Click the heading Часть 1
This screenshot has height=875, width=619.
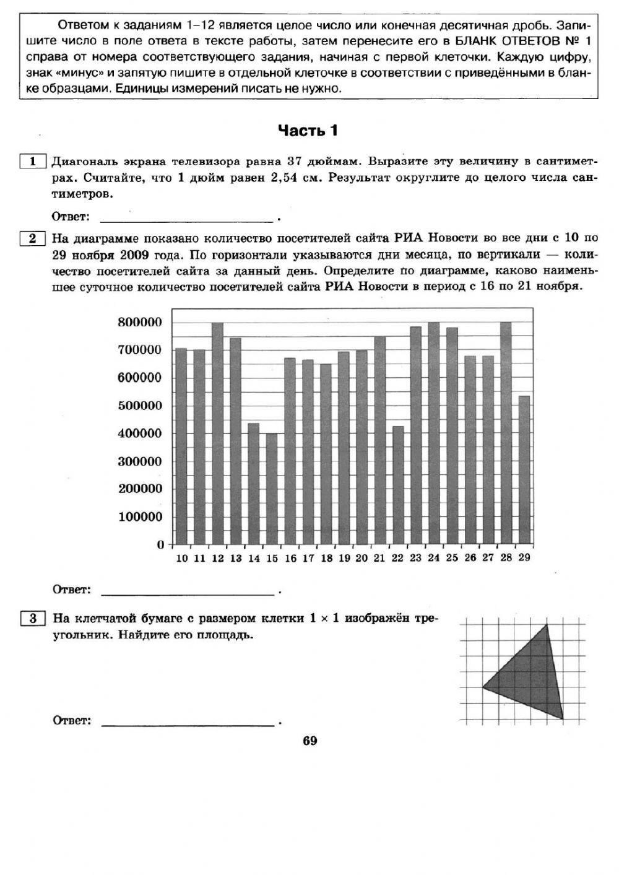point(308,131)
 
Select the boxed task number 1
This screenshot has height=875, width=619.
point(33,162)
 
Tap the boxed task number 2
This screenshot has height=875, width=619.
point(33,238)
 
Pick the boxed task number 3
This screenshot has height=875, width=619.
point(33,618)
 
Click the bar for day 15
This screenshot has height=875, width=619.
point(272,489)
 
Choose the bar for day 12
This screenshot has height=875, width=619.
point(217,433)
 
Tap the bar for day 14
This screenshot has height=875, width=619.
point(254,484)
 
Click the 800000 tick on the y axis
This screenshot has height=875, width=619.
point(139,322)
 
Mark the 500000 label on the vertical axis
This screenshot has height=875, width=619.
point(139,406)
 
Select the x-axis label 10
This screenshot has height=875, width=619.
point(181,558)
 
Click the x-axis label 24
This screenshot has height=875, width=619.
point(434,558)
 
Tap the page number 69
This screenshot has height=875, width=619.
point(310,741)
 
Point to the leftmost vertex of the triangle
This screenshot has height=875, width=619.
point(483,687)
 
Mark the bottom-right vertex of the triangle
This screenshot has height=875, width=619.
point(563,718)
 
